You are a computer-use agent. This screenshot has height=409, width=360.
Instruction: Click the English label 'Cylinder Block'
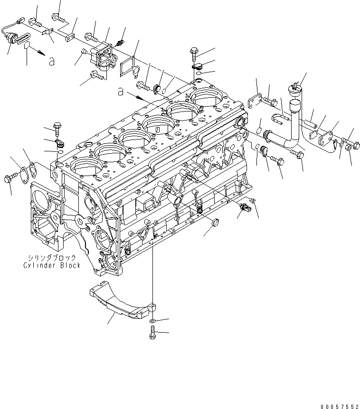[52, 265]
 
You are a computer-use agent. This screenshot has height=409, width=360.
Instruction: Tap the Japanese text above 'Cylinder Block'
[52, 258]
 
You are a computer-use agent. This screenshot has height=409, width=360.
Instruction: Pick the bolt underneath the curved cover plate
[152, 334]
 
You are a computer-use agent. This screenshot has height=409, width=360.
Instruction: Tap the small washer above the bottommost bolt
[152, 322]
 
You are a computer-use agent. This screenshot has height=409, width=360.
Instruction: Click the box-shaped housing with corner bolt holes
[104, 59]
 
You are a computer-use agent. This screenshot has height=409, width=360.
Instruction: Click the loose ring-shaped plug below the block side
[215, 223]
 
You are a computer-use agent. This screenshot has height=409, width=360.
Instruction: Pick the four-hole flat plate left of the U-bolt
[255, 104]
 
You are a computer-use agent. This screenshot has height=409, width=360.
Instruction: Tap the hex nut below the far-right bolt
[348, 148]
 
